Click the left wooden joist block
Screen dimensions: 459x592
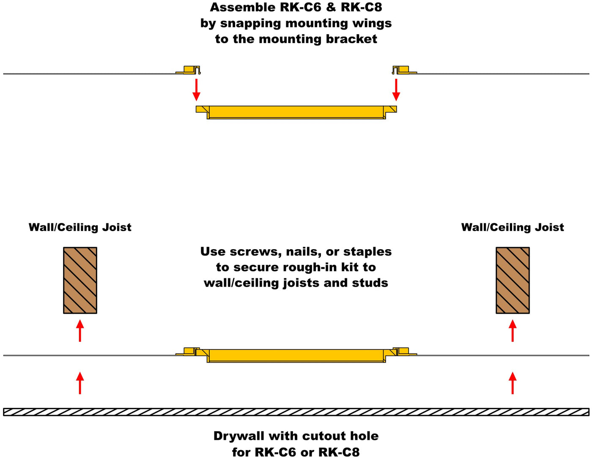(80, 280)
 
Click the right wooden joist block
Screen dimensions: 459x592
(513, 280)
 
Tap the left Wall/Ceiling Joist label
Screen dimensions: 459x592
(80, 227)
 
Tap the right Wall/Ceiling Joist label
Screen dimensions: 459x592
(513, 227)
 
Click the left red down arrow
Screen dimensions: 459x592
(196, 89)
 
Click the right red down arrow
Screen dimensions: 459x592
(396, 89)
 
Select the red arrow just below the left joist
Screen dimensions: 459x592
(80, 330)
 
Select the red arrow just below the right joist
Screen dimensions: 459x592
(513, 330)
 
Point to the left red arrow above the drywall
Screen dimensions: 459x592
(80, 383)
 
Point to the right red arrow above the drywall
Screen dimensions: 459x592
(513, 383)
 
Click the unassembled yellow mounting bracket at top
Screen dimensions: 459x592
(296, 112)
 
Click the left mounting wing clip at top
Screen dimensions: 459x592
(190, 69)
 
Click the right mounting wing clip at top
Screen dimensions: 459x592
(402, 69)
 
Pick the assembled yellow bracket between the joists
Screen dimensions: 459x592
(296, 355)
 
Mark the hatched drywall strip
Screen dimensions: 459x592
(296, 412)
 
